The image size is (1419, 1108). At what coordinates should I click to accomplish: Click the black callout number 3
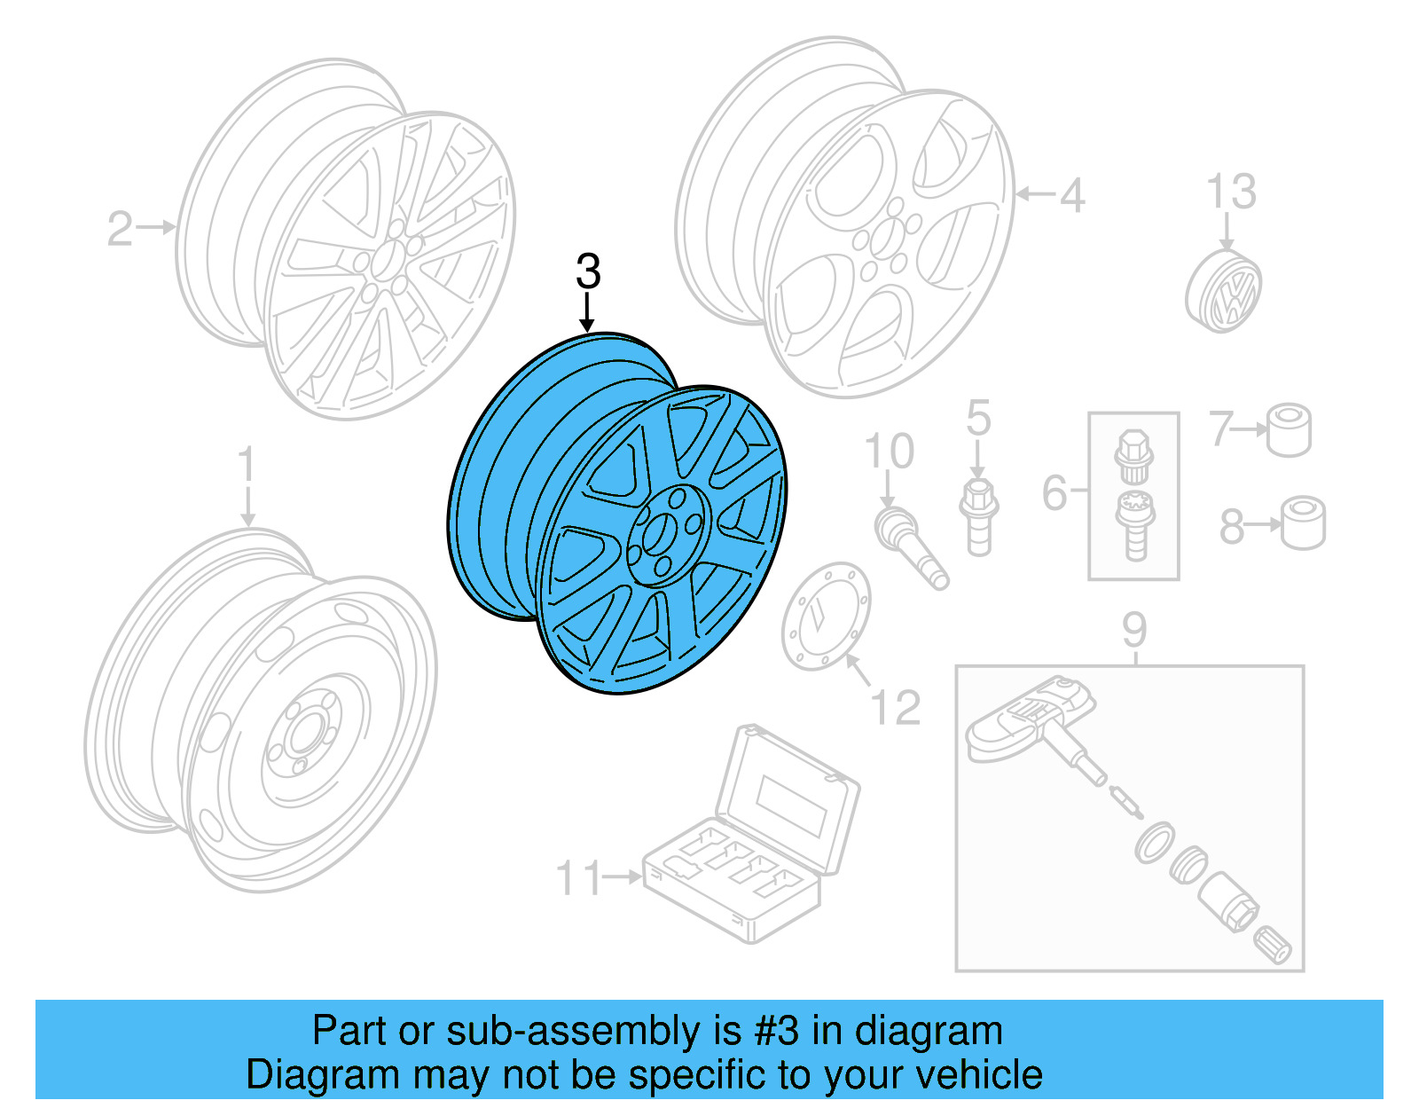tap(588, 271)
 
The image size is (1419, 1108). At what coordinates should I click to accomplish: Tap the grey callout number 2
tap(120, 229)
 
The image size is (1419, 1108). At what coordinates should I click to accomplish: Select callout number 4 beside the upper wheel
tap(1072, 195)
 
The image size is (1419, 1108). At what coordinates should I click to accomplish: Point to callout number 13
tap(1231, 192)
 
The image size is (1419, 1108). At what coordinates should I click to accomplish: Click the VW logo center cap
tap(1225, 291)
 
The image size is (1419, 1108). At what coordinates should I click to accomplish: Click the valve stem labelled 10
tap(910, 542)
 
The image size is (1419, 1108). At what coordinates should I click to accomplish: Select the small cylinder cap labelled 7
tap(1289, 430)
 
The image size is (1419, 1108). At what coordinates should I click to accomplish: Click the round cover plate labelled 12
tap(825, 616)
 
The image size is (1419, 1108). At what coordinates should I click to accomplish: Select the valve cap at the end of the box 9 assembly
tap(1274, 946)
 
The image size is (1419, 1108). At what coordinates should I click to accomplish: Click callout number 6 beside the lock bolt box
tap(1054, 492)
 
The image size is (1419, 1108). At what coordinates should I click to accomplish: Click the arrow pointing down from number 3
tap(586, 315)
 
